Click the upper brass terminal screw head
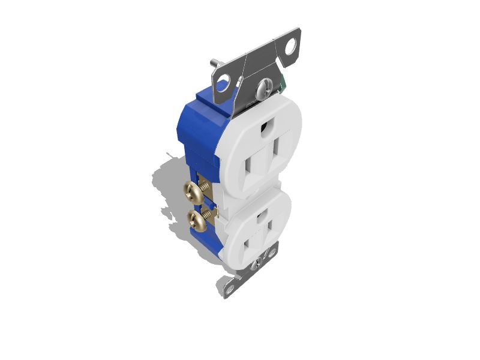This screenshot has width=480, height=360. click(x=191, y=192)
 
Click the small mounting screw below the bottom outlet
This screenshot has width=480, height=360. click(x=259, y=261)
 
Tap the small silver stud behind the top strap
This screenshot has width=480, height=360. click(x=214, y=62)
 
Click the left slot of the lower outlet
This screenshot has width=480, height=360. click(x=247, y=244)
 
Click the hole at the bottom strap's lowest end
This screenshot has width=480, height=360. click(x=229, y=289)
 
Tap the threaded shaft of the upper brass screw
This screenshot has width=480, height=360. click(x=206, y=187)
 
